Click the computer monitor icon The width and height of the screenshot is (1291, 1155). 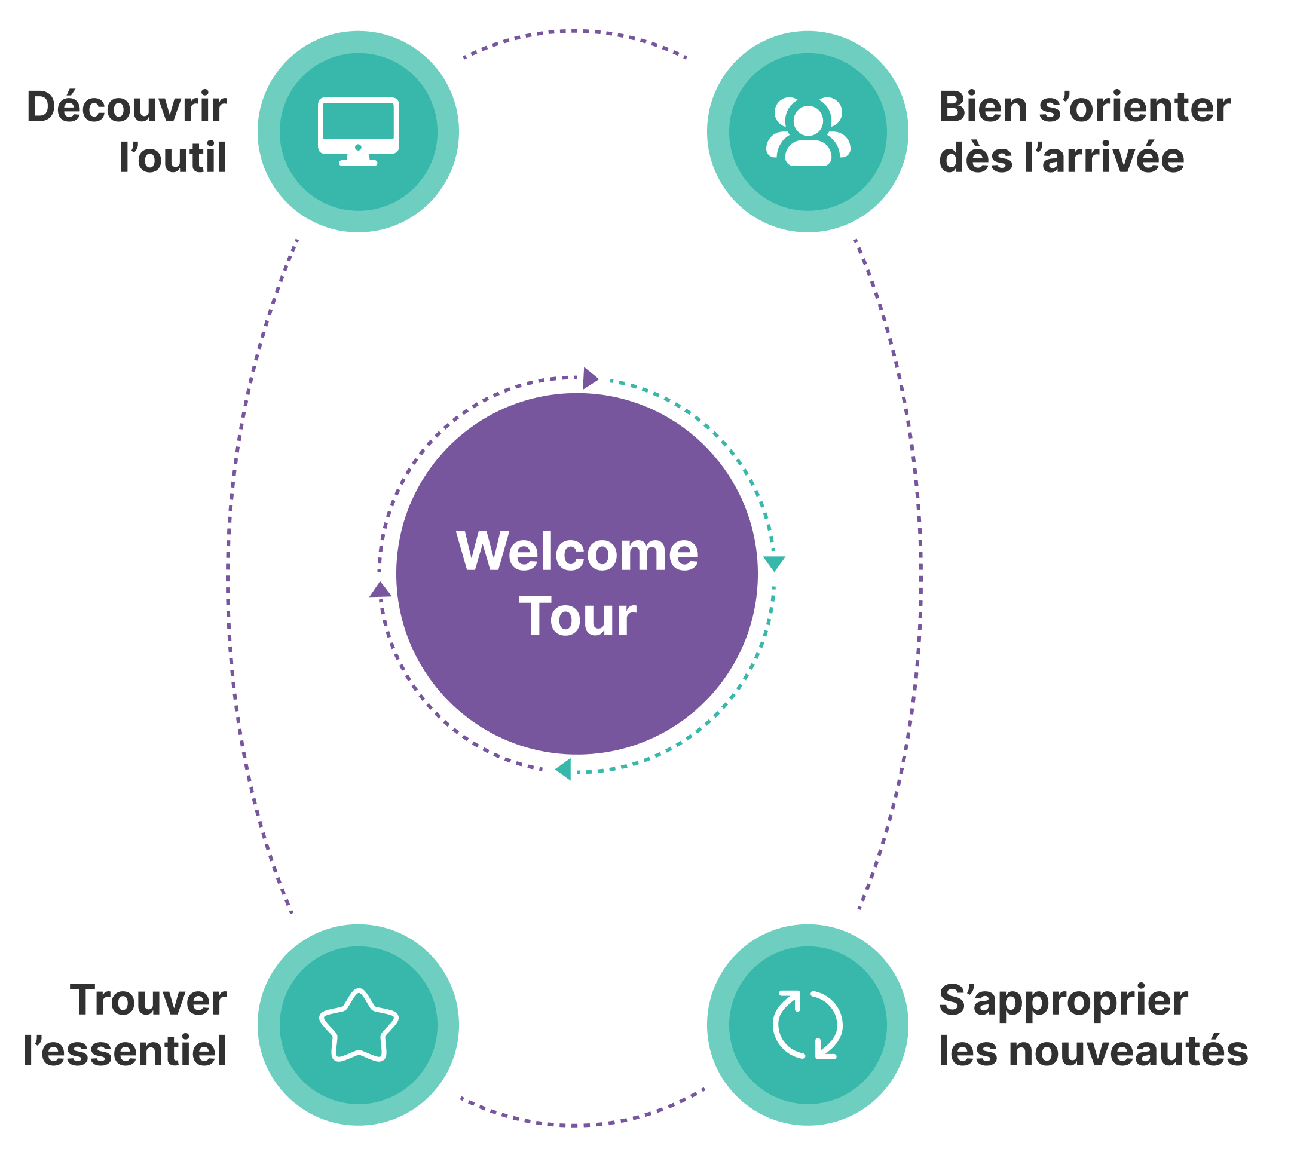coord(358,131)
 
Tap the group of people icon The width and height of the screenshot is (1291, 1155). coord(807,131)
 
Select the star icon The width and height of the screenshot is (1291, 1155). coord(358,1025)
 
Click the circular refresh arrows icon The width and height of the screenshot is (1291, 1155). coord(807,1025)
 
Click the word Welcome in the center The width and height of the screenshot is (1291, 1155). coord(577,552)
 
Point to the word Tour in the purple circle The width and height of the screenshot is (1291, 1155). coord(577,616)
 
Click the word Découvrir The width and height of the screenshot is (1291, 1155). coord(126,106)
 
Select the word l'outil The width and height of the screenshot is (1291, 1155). coord(173,157)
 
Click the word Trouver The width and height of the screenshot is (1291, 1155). coord(148,1000)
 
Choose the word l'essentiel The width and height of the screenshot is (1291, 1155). coord(124,1051)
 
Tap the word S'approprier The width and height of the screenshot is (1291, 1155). coord(1063,1001)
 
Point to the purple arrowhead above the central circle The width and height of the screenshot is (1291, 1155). coord(590,378)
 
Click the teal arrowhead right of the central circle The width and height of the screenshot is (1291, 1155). coord(774,562)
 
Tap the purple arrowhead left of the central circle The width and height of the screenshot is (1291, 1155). coord(380,590)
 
